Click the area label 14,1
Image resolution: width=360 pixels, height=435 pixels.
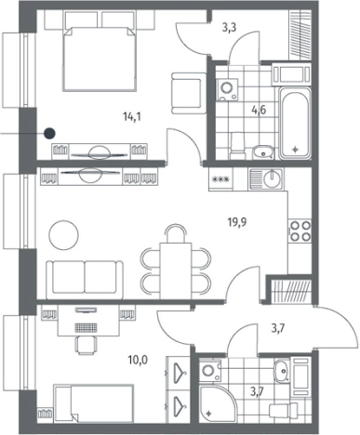tap(132, 117)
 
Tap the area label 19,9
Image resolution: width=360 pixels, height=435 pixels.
tap(237, 222)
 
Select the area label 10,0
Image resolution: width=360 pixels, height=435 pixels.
tap(138, 360)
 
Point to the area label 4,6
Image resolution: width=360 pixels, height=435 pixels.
tap(260, 110)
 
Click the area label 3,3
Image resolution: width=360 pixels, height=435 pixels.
tap(229, 28)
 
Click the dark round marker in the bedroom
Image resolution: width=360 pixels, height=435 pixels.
tap(49, 134)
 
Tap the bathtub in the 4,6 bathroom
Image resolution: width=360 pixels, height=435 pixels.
tap(295, 123)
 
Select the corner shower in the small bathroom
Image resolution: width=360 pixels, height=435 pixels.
tap(218, 403)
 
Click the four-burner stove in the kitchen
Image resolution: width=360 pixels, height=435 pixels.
tap(300, 231)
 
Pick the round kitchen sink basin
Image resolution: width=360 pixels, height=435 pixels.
tap(272, 178)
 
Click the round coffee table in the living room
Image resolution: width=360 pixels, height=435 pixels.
tap(63, 234)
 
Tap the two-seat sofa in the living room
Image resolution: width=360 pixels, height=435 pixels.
tap(85, 280)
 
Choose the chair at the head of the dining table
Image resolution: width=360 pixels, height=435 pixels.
tap(176, 234)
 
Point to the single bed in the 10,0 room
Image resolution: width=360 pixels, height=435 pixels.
tap(93, 403)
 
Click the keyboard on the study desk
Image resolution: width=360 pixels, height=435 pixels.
tap(86, 327)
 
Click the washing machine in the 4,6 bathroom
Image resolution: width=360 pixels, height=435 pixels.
tap(227, 89)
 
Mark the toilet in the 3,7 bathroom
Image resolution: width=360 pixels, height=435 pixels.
tap(283, 411)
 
